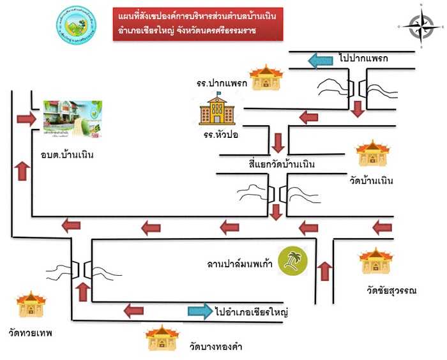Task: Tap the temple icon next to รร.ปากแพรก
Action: tap(262, 78)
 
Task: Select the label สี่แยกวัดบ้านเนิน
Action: tap(282, 165)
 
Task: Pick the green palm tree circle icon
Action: tap(292, 262)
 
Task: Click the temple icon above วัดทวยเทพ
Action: tap(30, 306)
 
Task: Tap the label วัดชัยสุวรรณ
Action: tap(391, 291)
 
